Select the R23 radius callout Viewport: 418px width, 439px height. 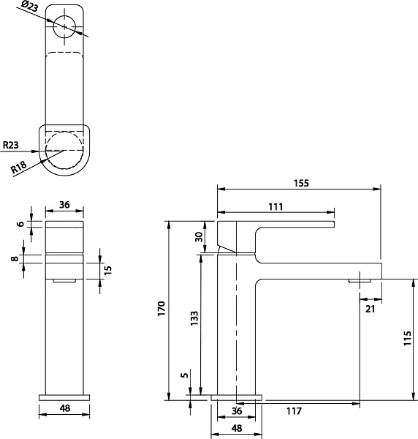point(11,146)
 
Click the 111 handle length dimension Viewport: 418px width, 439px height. point(275,207)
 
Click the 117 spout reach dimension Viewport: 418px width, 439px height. point(294,411)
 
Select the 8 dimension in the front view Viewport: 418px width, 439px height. point(14,258)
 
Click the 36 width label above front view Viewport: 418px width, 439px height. point(64,206)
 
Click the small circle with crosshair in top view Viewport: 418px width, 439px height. point(66,27)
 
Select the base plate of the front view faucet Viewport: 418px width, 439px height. point(64,397)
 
